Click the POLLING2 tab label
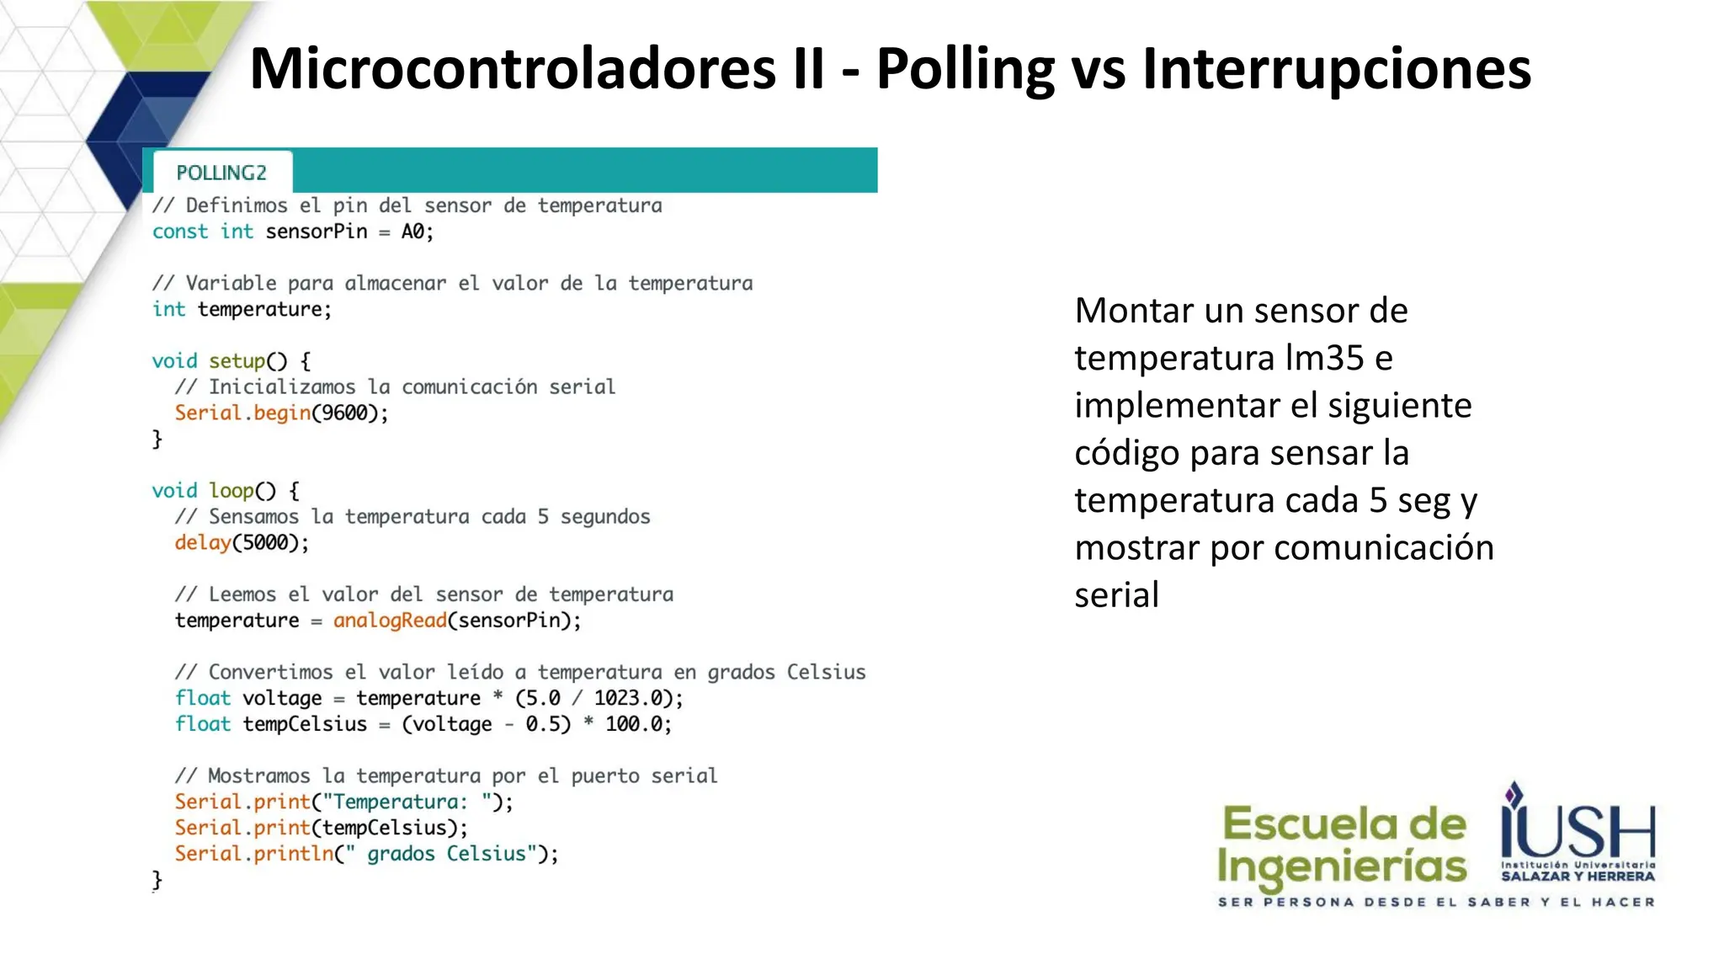click(221, 173)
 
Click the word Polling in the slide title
click(965, 69)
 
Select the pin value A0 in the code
click(412, 232)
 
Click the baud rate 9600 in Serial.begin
click(345, 413)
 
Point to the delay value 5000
click(265, 543)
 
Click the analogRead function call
click(390, 621)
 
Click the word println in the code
click(294, 854)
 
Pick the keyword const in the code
click(179, 232)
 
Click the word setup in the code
click(237, 361)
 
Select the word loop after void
click(231, 491)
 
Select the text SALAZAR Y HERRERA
click(1578, 877)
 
